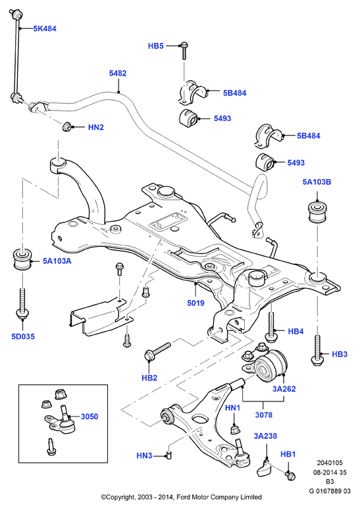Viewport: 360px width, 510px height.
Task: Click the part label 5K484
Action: tap(45, 28)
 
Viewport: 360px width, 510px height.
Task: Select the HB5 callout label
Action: tap(156, 46)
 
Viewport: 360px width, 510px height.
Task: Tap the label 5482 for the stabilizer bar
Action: tap(118, 74)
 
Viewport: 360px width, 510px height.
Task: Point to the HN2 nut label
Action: tap(96, 127)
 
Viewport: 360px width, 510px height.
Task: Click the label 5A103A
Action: tap(57, 261)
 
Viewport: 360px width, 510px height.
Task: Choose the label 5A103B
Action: tap(317, 182)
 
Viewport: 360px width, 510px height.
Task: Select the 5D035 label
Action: tap(23, 336)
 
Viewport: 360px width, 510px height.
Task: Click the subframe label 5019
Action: tap(195, 303)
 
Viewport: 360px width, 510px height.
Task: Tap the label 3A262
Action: tap(284, 389)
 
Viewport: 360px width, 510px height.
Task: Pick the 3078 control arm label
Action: tap(264, 415)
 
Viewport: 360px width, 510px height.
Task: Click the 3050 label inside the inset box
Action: tap(90, 417)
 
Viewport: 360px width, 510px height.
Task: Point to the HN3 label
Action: tap(144, 455)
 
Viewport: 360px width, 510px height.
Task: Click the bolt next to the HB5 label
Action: tap(184, 51)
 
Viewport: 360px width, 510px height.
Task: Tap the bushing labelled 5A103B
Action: tap(317, 212)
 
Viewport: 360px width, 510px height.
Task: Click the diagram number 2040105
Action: tap(330, 463)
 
